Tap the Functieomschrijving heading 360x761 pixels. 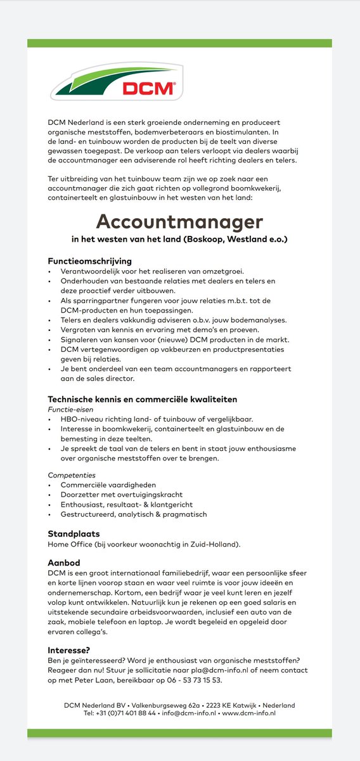tap(90, 261)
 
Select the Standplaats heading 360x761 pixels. tap(74, 534)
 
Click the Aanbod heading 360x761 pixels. tap(64, 563)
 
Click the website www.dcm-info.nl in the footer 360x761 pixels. tap(248, 713)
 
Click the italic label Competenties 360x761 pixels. tap(72, 474)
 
